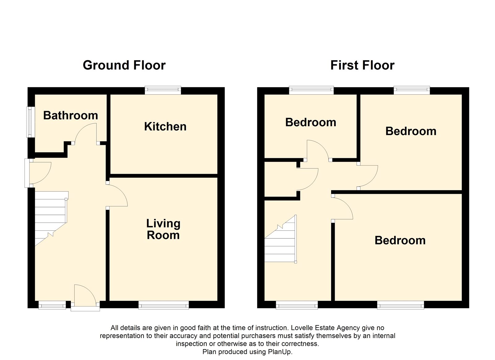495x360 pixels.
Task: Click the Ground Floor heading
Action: (124, 65)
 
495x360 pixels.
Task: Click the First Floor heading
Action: (362, 65)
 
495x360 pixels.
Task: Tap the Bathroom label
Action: (71, 115)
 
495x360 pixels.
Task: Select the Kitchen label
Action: (165, 127)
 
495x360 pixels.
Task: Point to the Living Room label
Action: (163, 229)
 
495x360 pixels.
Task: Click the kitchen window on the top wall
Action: (163, 90)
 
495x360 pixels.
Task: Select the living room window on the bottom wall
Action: (164, 305)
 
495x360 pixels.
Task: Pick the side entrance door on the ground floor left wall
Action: (37, 173)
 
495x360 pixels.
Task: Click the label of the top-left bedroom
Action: (311, 122)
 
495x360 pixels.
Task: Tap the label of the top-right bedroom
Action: (411, 131)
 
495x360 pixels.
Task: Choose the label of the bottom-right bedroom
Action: (400, 241)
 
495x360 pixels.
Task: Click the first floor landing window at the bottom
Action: (297, 305)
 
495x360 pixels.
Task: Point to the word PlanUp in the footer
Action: (280, 352)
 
